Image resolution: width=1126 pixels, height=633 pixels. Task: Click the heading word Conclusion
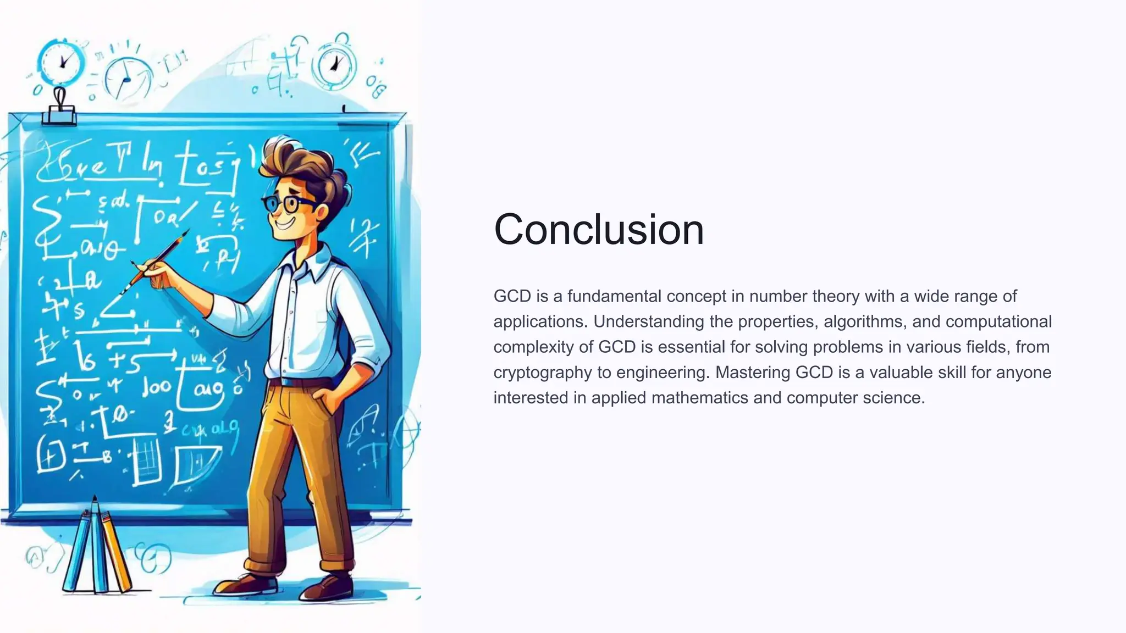coord(599,230)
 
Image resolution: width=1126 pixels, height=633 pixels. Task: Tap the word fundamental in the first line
coord(614,296)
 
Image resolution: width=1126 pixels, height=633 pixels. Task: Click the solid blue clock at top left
coord(62,61)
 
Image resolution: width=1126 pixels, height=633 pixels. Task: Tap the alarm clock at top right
coord(334,65)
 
